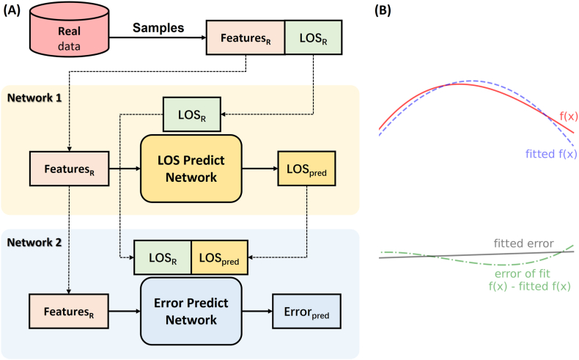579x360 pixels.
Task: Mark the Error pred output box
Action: [305, 311]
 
